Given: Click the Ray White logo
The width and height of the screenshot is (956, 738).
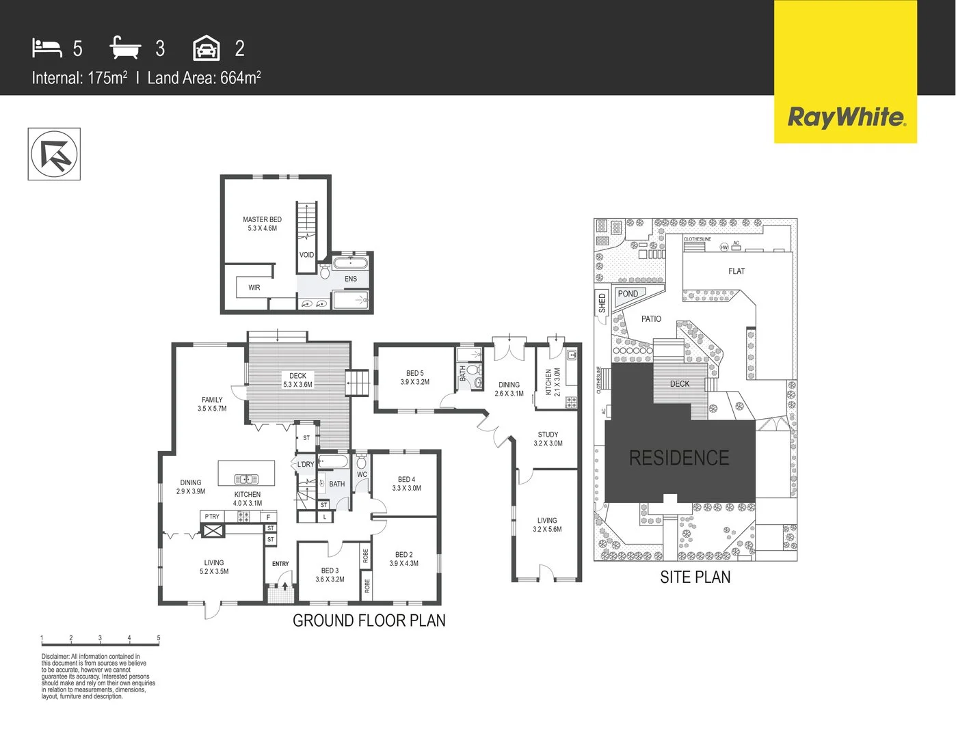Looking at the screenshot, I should click(x=846, y=117).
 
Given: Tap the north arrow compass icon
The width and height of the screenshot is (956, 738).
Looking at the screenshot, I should click(x=54, y=154).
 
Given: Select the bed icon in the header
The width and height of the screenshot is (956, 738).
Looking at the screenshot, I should click(x=47, y=48).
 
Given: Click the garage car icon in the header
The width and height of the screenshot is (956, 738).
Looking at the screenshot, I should click(x=207, y=49).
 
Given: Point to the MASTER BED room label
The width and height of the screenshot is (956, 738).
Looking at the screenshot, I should click(x=262, y=224).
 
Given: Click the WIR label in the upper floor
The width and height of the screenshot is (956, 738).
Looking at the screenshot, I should click(x=254, y=288).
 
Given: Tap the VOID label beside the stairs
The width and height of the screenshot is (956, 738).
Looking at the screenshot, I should click(x=306, y=255).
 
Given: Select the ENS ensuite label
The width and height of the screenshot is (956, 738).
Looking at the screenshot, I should click(x=351, y=279).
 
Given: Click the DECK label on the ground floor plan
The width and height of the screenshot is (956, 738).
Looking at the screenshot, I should click(x=297, y=380).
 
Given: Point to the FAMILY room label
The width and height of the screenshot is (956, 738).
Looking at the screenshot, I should click(x=212, y=404).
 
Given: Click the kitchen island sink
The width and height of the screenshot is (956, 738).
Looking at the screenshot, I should click(x=246, y=479).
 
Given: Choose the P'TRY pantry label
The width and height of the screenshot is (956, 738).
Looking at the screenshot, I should click(x=212, y=517).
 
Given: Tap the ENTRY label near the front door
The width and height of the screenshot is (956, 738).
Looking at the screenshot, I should click(x=280, y=564).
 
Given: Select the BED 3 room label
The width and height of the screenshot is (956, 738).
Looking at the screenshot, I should click(x=330, y=575).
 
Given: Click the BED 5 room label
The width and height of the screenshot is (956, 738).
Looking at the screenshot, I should click(x=415, y=378).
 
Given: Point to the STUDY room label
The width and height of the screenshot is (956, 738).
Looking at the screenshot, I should click(x=548, y=439).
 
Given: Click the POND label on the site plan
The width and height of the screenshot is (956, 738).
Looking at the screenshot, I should click(x=628, y=294).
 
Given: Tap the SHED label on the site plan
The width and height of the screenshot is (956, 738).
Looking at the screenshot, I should click(x=602, y=302).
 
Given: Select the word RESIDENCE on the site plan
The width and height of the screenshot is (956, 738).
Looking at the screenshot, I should click(x=679, y=458).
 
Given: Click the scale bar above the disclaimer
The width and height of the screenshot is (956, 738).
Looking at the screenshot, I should click(x=100, y=643).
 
